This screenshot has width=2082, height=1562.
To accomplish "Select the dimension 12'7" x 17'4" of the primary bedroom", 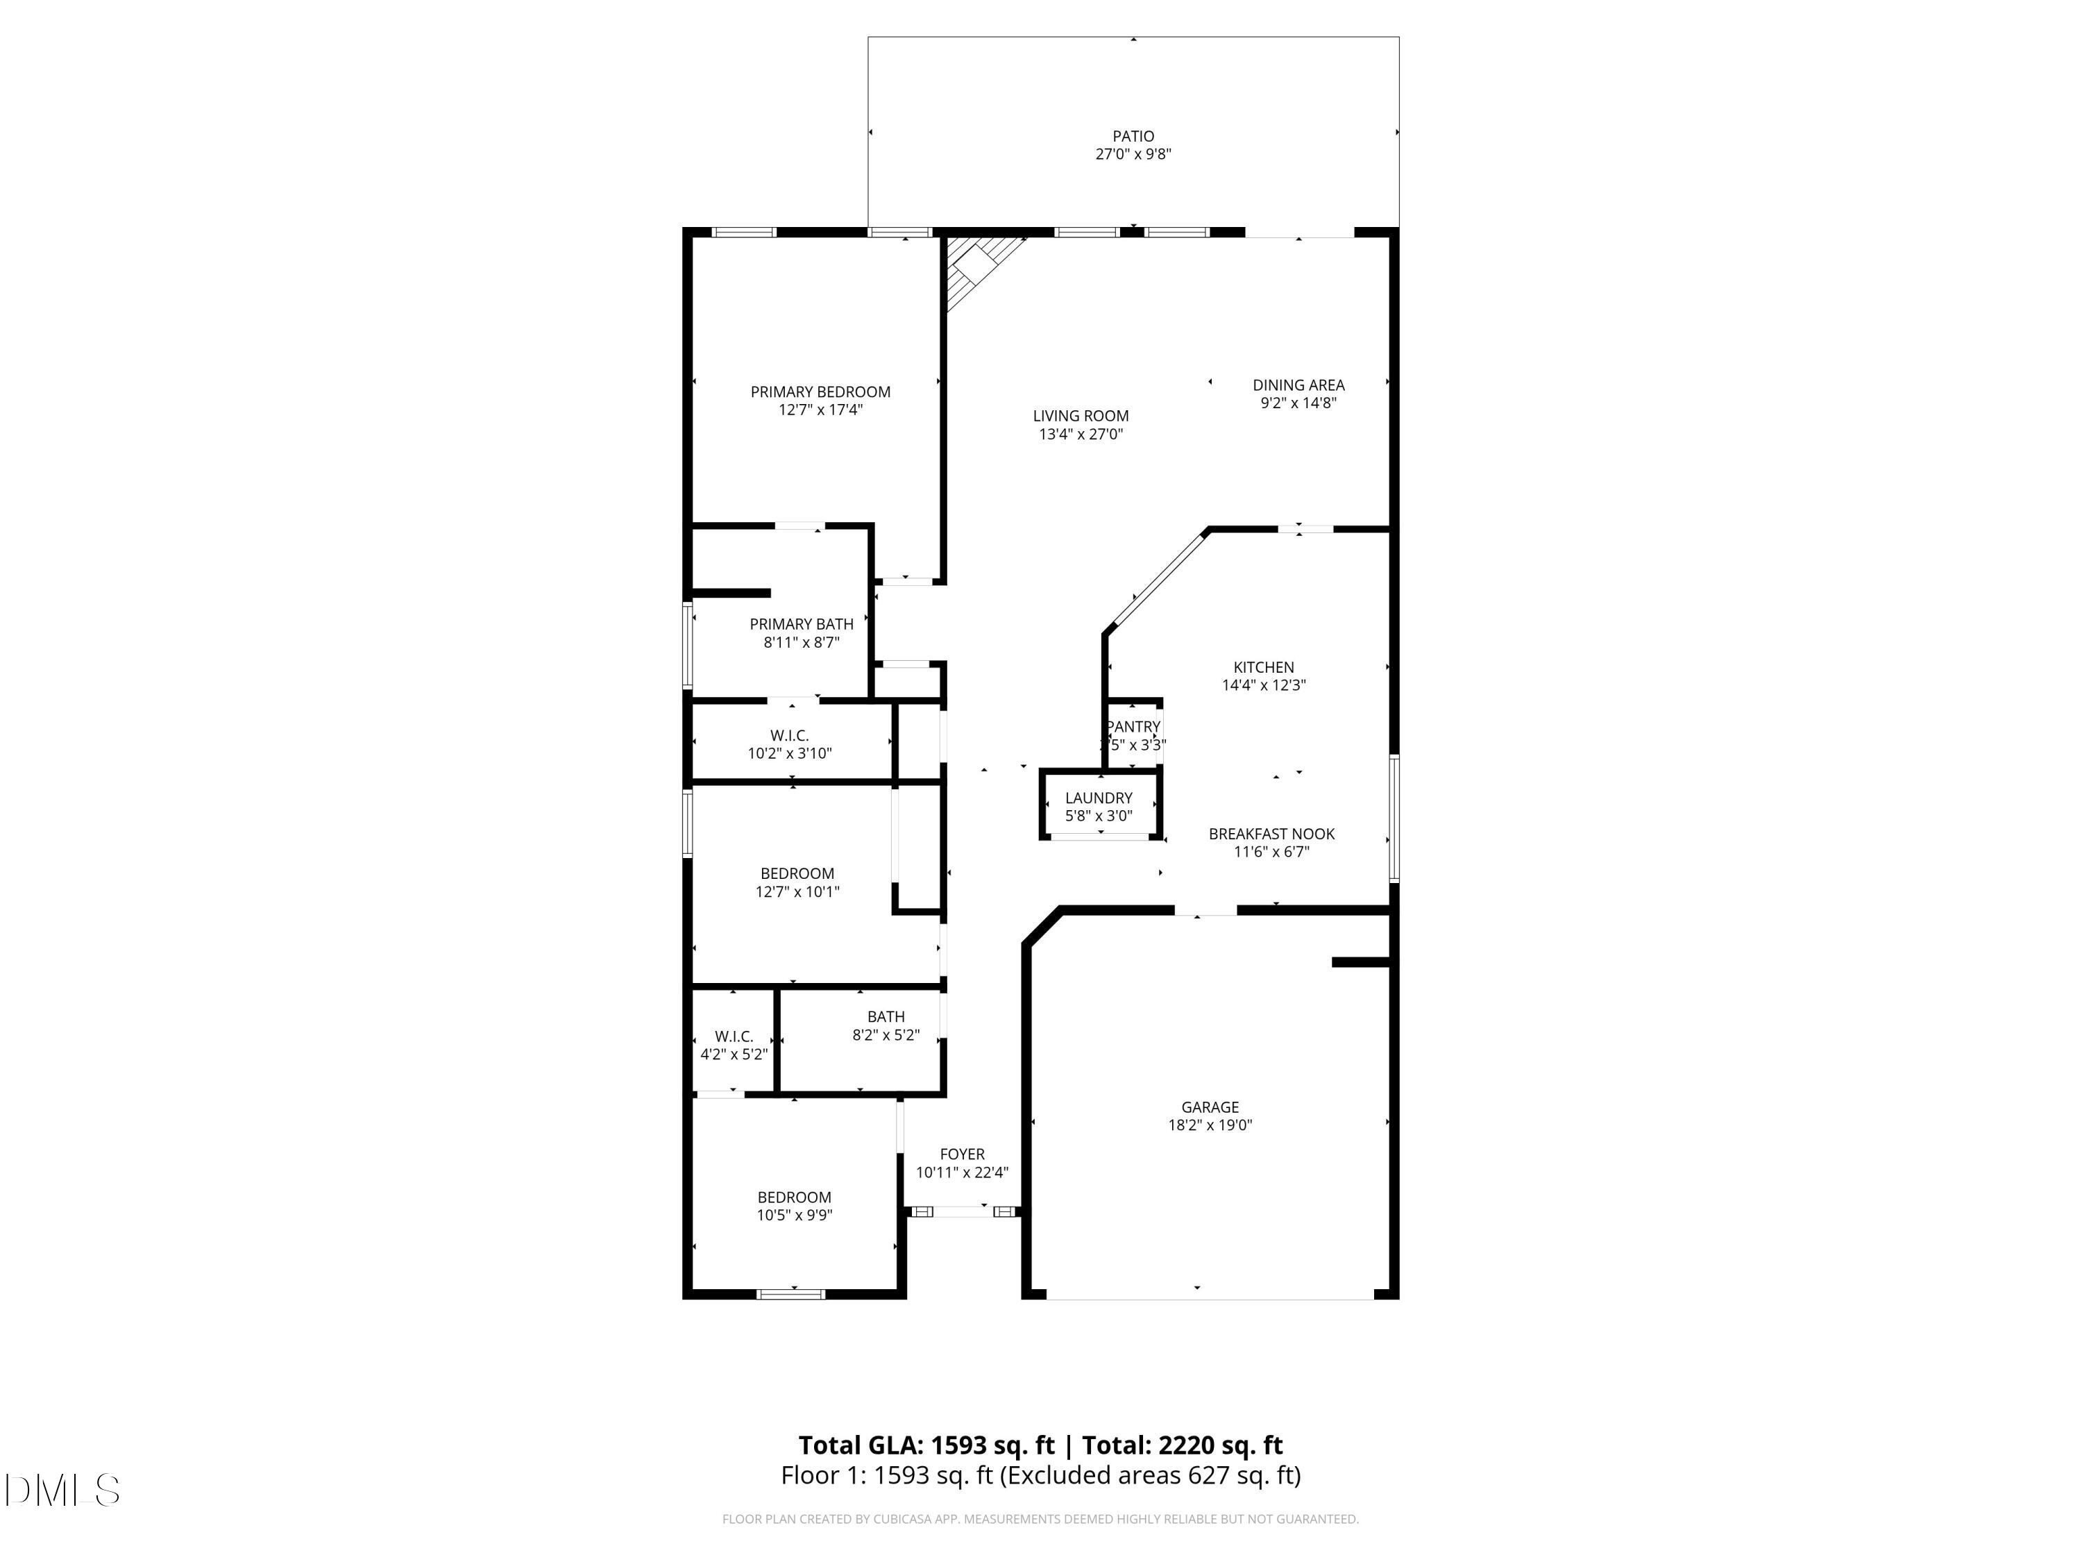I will coord(820,410).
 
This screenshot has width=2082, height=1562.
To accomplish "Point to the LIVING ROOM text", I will coord(1080,416).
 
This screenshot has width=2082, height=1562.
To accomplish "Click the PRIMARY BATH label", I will coord(801,624).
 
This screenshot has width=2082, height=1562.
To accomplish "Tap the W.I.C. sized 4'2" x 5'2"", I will coord(734,1036).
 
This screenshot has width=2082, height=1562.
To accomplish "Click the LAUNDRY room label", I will coord(1099,798).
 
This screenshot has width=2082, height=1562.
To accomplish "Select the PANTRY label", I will coord(1133,727).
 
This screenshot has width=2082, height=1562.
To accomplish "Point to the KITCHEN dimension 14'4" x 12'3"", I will coord(1263,685).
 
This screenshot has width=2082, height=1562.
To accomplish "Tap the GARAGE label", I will coord(1210,1107).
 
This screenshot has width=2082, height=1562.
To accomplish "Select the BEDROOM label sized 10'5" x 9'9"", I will coord(793,1198).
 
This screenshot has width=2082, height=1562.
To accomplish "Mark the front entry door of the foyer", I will coord(961,1211).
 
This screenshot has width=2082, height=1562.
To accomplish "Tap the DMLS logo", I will coord(61,1490).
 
